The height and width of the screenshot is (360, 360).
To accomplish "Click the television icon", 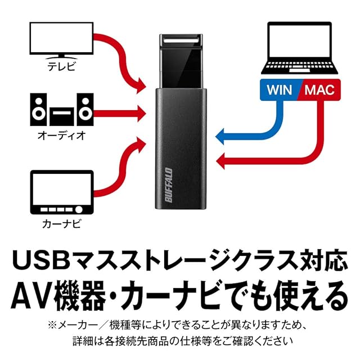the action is coord(61,40).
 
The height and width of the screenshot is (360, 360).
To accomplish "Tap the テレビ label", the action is coord(61,66).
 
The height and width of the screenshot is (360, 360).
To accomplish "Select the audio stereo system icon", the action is coord(62,109).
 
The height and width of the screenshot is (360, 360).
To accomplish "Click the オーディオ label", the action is coord(61,136).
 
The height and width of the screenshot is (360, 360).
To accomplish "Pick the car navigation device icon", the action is coord(62,192).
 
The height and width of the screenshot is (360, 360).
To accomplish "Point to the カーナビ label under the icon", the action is coord(61,224).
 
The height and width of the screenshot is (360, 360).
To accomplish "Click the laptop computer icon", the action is coord(300,48).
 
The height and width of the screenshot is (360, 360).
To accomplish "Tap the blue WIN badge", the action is coord(280,89).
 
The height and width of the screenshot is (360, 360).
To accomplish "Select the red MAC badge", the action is coord(319,89).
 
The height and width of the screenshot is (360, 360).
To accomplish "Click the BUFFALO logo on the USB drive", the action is coord(169,185).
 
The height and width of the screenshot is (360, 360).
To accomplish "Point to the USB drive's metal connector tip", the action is coord(181,40).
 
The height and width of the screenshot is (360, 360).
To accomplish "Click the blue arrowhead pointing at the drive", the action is coord(220,137).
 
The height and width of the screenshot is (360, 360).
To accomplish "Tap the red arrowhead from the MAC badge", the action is coord(220,161).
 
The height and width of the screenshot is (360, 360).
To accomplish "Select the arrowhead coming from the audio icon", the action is coord(142,114).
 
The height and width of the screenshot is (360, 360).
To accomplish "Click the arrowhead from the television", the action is coord(141,85).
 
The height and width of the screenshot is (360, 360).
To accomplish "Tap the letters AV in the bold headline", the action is coord(31,296).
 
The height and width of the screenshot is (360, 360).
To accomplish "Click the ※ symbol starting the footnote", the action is coord(52,325).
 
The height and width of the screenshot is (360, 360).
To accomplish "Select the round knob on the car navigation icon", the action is coord(79,209).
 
